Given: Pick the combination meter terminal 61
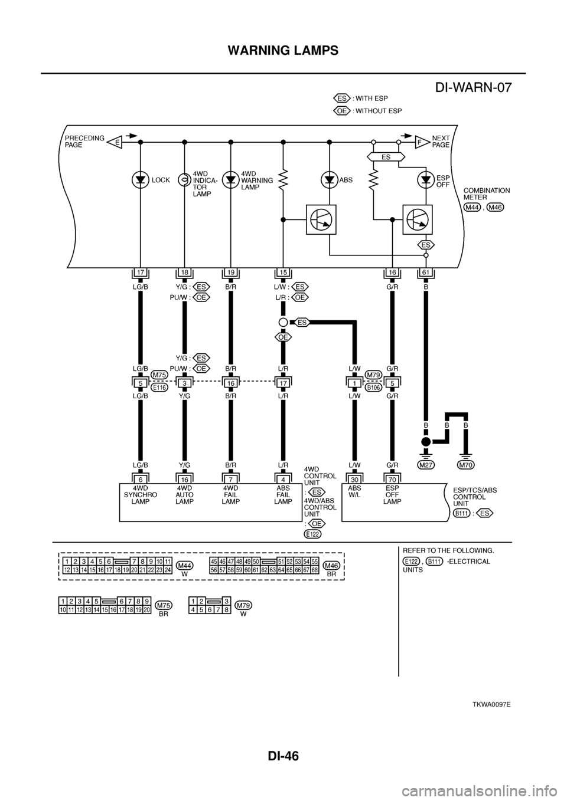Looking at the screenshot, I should [x=426, y=272].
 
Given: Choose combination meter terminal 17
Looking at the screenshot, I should [x=140, y=272].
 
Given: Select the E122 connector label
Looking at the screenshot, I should [x=312, y=534].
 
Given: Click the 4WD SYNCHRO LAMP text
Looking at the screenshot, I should [x=139, y=495].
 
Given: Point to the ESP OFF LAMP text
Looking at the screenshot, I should [x=392, y=495].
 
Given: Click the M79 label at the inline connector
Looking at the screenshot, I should [x=372, y=375].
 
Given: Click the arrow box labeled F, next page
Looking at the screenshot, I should [x=419, y=142].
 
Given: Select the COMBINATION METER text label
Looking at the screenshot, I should [x=487, y=194].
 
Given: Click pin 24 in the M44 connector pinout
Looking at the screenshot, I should [x=167, y=570].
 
